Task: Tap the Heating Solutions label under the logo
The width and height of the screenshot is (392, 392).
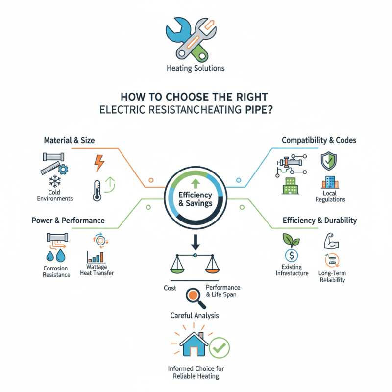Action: (196, 68)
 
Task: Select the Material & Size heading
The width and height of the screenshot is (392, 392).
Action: (70, 140)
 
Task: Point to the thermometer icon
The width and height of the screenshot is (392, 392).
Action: (98, 190)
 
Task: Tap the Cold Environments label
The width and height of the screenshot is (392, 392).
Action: (54, 196)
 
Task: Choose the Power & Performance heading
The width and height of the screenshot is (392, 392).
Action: (68, 220)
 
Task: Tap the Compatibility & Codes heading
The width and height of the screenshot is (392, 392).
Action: (319, 140)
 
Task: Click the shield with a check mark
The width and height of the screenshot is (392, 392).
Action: (328, 161)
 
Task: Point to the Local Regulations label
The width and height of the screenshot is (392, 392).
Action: (331, 196)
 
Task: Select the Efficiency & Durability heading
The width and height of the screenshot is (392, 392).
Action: (319, 220)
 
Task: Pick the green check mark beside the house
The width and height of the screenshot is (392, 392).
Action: (219, 348)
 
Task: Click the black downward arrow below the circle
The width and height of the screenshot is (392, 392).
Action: (196, 242)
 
